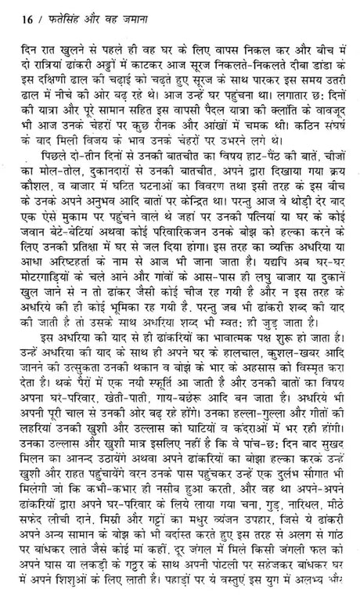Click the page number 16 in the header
coord(16,13)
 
